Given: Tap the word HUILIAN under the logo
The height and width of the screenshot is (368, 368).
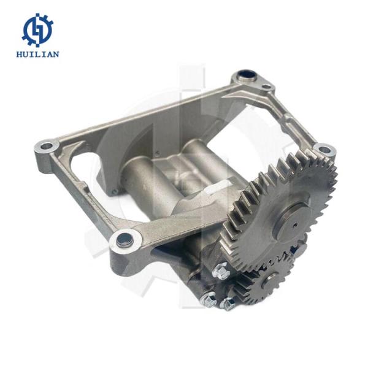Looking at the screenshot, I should [x=37, y=55].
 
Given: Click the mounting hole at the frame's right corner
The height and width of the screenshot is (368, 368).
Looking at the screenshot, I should [x=325, y=149].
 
